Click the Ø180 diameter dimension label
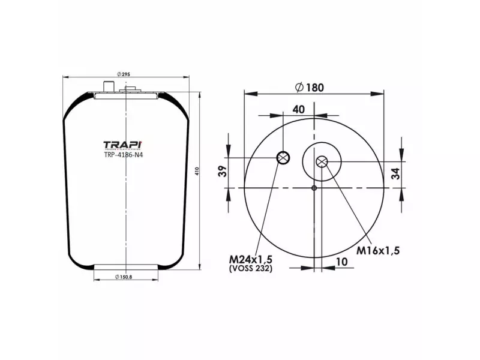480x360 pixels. (x=310, y=87)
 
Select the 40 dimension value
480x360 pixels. (x=298, y=109)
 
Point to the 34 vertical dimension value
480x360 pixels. (x=395, y=174)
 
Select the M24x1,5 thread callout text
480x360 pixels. (x=251, y=259)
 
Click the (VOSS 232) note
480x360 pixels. (x=251, y=269)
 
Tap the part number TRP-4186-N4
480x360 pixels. (x=124, y=155)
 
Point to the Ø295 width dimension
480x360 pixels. (x=122, y=74)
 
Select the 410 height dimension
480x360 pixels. (x=196, y=172)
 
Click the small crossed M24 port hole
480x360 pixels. (x=283, y=158)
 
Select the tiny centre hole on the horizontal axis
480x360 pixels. (x=314, y=188)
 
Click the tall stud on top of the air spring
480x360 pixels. (x=109, y=88)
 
